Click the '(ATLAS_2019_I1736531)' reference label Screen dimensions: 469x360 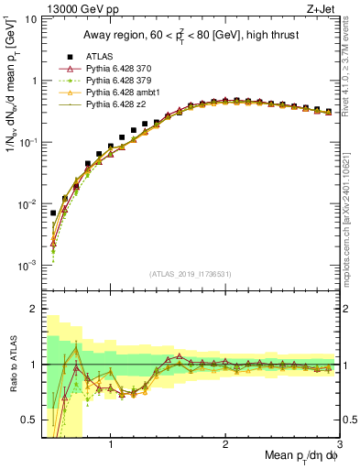[x=190, y=273]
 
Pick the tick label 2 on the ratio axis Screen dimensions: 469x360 [x=31, y=309]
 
